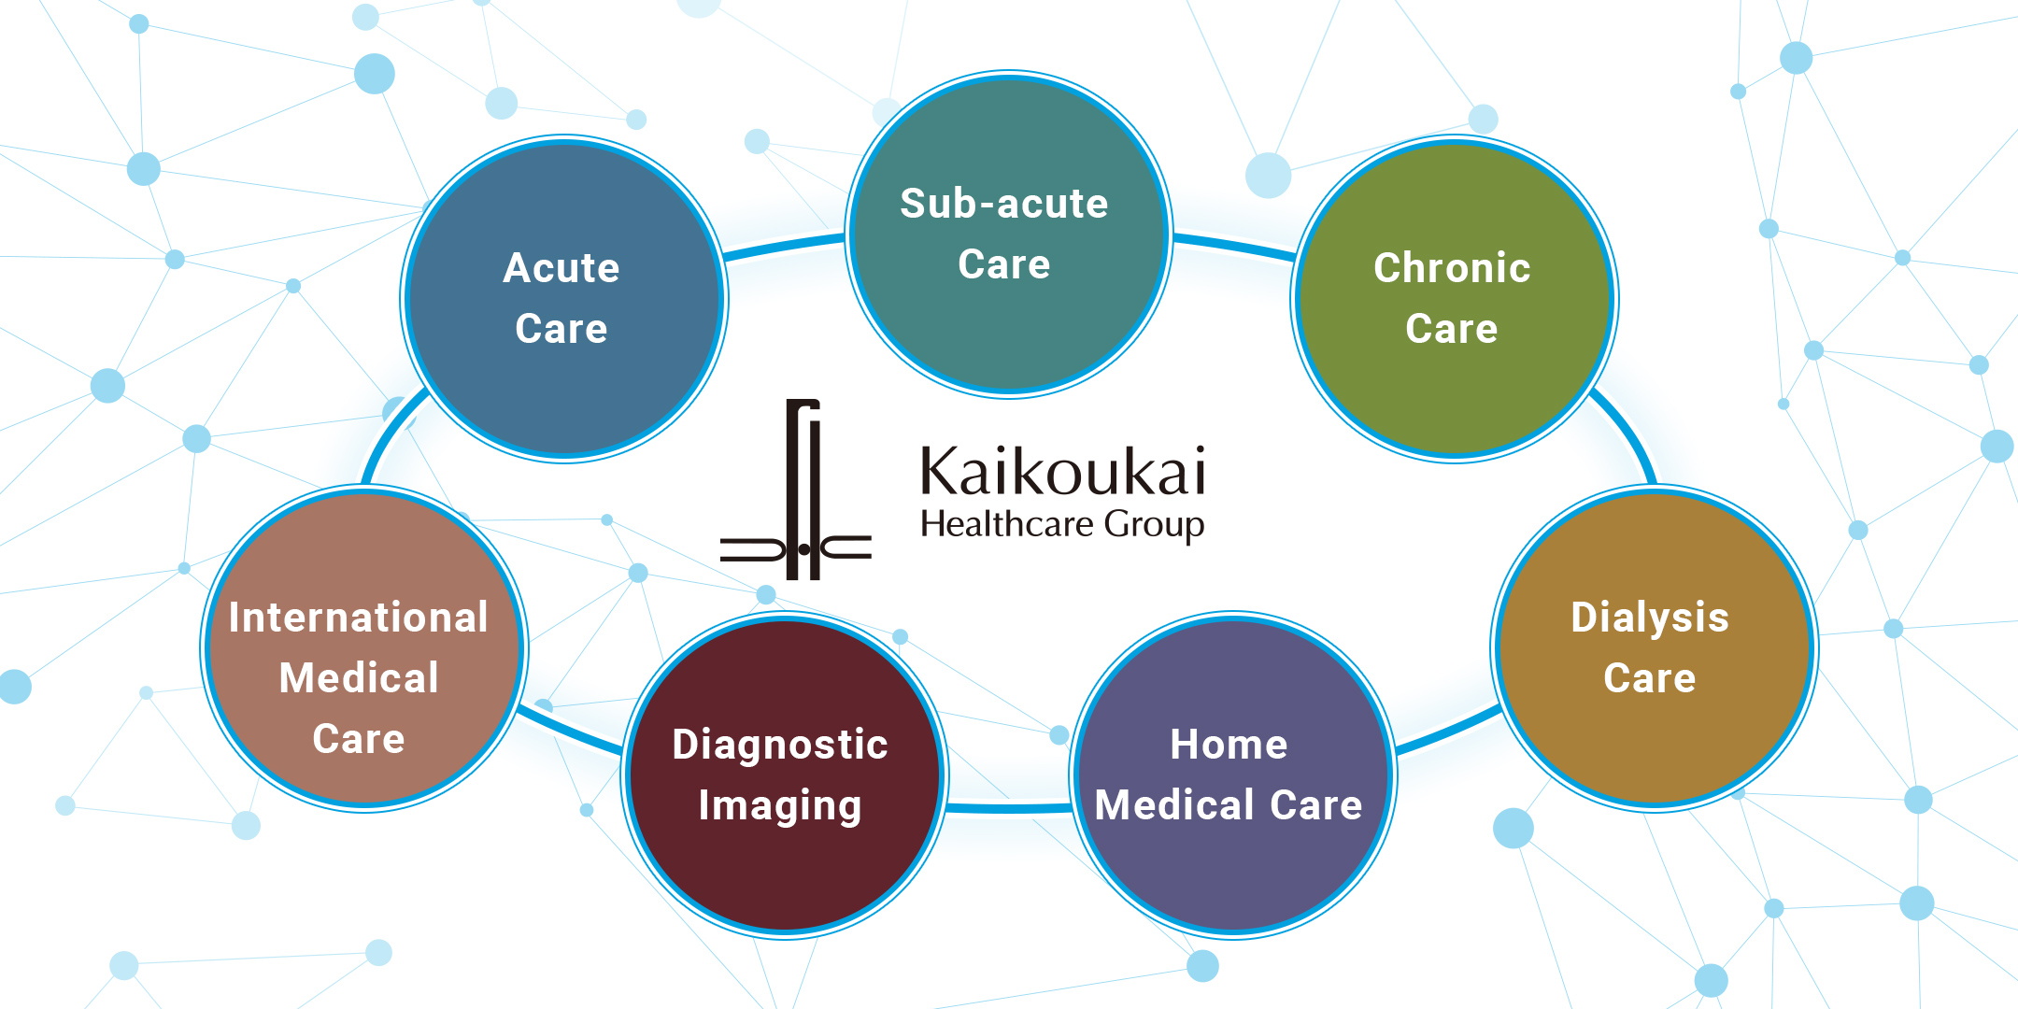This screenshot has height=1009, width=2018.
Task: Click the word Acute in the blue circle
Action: (x=561, y=268)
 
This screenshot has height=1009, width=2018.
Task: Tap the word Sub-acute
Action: (x=1003, y=204)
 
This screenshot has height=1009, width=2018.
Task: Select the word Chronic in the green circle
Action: (x=1452, y=268)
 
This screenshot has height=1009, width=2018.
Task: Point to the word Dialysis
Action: (x=1649, y=618)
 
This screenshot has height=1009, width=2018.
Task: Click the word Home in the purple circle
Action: (x=1229, y=745)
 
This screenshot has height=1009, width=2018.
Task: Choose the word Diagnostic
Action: (x=779, y=745)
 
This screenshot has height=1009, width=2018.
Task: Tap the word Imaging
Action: (x=779, y=805)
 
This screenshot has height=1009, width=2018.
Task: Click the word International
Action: (x=359, y=618)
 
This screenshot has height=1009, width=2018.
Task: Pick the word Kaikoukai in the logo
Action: (x=1062, y=472)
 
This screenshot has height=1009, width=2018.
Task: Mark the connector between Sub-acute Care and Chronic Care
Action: (x=1233, y=246)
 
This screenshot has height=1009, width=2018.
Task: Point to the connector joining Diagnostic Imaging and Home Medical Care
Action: (x=1009, y=807)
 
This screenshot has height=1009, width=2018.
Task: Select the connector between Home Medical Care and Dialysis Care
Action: (x=1446, y=732)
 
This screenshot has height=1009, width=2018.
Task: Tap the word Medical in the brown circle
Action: (x=359, y=678)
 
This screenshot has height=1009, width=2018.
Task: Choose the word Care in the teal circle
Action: (x=1003, y=264)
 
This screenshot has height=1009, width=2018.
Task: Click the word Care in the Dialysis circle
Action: (x=1649, y=678)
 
